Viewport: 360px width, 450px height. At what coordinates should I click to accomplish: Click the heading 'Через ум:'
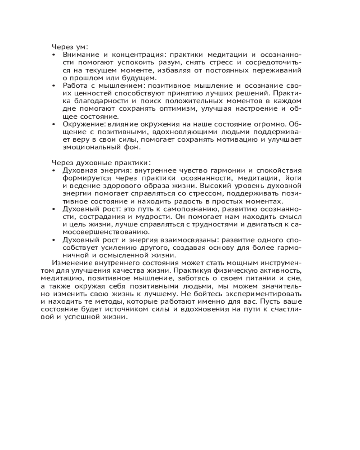(x=70, y=46)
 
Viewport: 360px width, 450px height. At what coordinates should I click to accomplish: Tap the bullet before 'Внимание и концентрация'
(x=54, y=54)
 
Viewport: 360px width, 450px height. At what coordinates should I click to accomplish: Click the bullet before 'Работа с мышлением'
(x=54, y=85)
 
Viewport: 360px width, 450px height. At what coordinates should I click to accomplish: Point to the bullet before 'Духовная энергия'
(x=54, y=171)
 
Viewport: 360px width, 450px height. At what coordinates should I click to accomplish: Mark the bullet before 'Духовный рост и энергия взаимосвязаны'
(x=54, y=240)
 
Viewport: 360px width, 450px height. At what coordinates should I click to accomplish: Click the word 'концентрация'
(x=129, y=54)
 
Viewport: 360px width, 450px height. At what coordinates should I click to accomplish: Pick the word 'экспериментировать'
(x=259, y=294)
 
